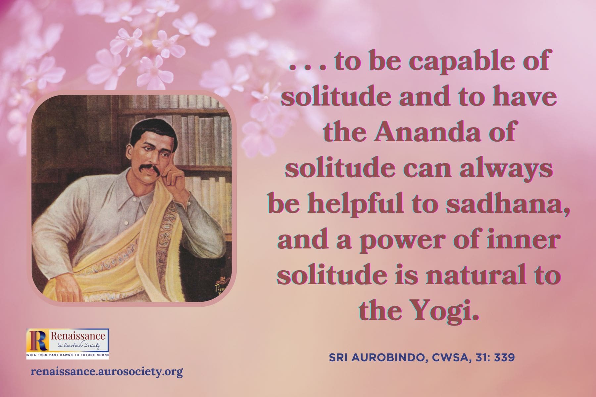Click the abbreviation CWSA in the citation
coord(444,358)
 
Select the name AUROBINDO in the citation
coord(386,358)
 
